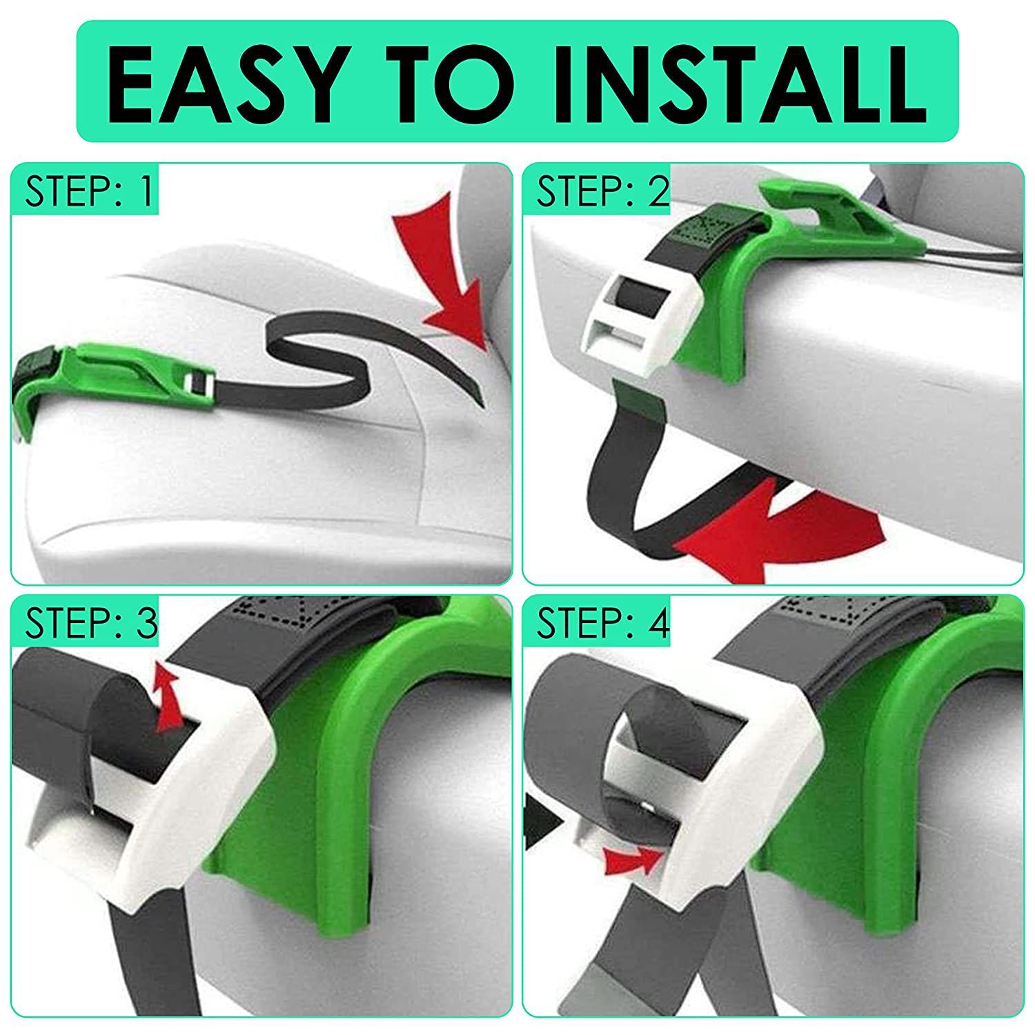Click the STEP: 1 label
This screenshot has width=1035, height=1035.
click(88, 191)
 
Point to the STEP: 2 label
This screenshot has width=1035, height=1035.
click(603, 191)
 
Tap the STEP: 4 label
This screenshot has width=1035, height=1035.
click(603, 623)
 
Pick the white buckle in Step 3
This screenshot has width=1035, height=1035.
click(172, 793)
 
